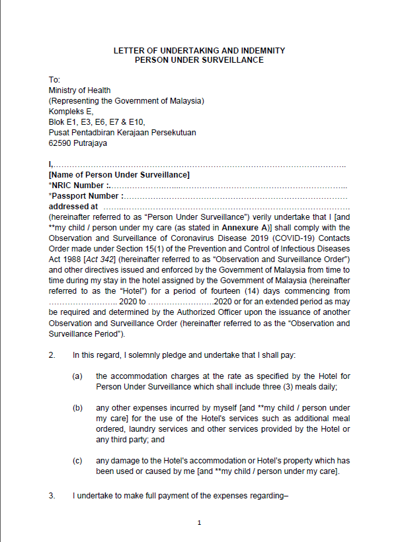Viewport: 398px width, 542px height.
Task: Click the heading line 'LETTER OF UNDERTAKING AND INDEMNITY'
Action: pyautogui.click(x=199, y=50)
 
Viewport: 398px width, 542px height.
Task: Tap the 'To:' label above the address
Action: pyautogui.click(x=55, y=80)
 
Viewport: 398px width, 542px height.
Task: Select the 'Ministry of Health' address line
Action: pyautogui.click(x=79, y=90)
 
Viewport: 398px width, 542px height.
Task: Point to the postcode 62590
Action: pyautogui.click(x=61, y=143)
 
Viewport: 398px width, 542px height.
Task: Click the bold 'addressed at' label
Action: pyautogui.click(x=73, y=207)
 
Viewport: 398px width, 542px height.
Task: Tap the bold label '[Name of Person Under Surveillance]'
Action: pyautogui.click(x=119, y=175)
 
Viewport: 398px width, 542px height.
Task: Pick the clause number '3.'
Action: pyautogui.click(x=52, y=495)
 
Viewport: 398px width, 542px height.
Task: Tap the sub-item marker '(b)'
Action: pyautogui.click(x=77, y=408)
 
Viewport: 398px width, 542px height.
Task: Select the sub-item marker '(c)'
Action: pyautogui.click(x=77, y=460)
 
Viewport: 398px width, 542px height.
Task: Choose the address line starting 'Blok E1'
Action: pyautogui.click(x=97, y=121)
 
